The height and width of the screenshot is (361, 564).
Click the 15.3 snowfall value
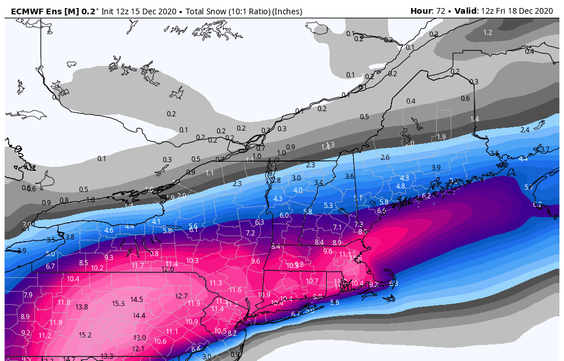tap(118, 303)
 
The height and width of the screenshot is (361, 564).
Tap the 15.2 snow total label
tap(85, 335)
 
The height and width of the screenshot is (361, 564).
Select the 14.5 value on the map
tap(136, 299)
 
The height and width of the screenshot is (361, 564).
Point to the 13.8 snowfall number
tap(81, 307)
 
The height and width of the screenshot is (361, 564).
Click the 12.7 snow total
tap(181, 296)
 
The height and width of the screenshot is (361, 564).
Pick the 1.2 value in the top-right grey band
tap(488, 32)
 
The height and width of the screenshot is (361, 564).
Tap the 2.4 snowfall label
tap(524, 130)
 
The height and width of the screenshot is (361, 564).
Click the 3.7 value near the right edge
tap(545, 149)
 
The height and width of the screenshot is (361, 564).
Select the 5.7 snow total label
tap(528, 187)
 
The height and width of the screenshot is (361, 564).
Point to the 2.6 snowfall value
tap(385, 157)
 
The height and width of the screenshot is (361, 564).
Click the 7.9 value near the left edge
tap(28, 295)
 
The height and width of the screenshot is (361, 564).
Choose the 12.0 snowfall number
tap(167, 269)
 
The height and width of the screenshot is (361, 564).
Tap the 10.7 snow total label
tap(312, 281)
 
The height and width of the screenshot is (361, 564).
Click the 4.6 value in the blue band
tap(108, 230)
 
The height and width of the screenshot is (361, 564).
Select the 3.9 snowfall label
tap(436, 167)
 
